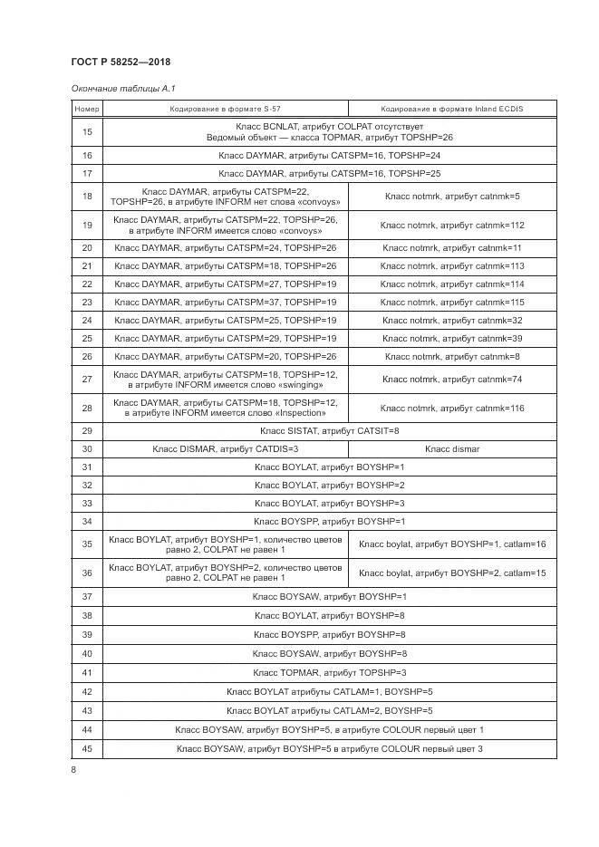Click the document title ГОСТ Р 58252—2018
(x=120, y=62)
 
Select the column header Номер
(x=87, y=109)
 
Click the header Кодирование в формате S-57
(x=225, y=109)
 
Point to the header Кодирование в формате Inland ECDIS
(x=452, y=109)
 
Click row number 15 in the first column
(x=87, y=132)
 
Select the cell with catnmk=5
(x=452, y=197)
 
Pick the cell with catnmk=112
(x=452, y=225)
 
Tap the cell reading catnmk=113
(x=452, y=266)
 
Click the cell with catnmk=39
(x=452, y=339)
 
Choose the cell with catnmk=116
(x=452, y=408)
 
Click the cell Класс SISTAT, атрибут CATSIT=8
(x=330, y=431)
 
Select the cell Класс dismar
(x=452, y=449)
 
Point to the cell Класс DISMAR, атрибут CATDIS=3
(x=225, y=449)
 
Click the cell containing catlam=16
(x=452, y=544)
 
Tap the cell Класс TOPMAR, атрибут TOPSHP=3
(x=330, y=672)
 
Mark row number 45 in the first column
(x=87, y=748)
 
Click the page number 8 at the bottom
(x=73, y=770)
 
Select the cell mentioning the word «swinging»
(x=225, y=380)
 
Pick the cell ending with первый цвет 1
(x=330, y=730)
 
